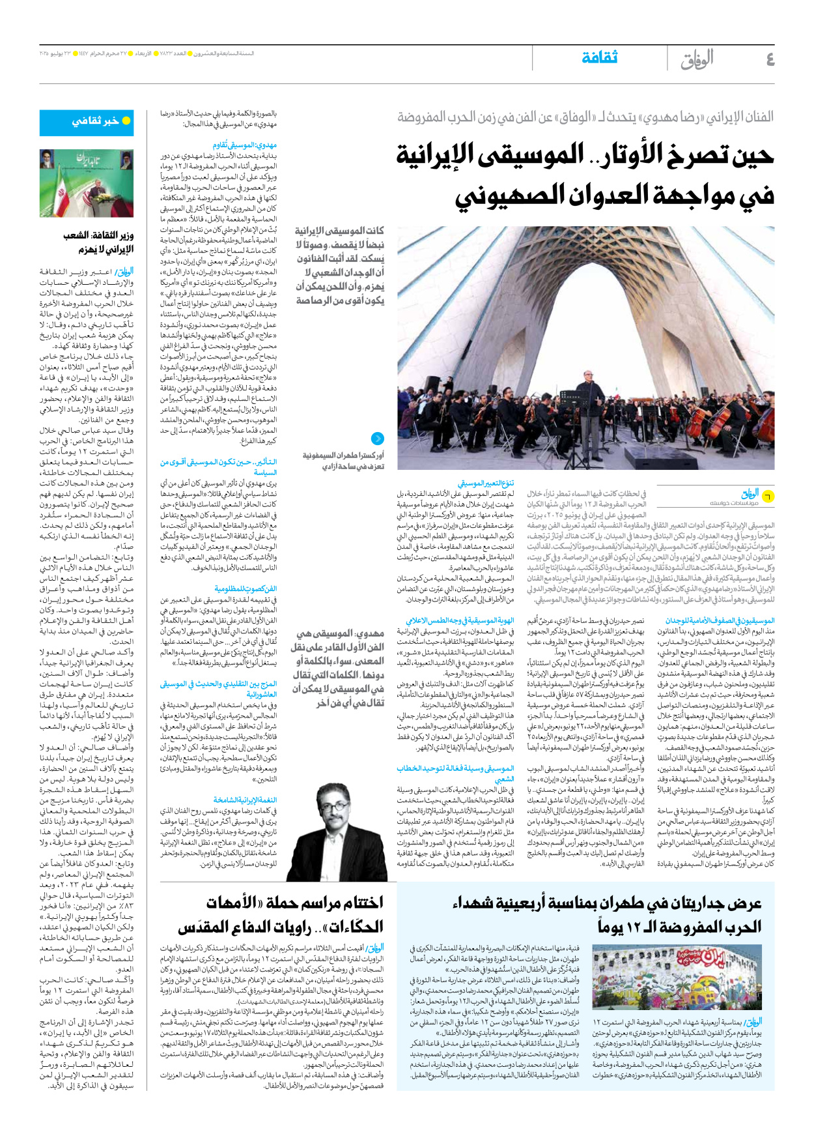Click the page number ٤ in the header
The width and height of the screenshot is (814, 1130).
tap(770, 59)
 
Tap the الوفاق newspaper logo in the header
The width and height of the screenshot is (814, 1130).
tap(697, 59)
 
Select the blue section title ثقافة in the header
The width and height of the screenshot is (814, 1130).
tap(599, 58)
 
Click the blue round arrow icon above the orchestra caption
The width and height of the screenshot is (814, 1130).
tap(377, 439)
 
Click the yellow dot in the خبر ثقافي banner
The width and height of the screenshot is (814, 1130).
tap(126, 121)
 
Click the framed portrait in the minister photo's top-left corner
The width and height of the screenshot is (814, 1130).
tap(48, 158)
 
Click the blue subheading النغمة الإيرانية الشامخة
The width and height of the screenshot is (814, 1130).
tap(245, 800)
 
